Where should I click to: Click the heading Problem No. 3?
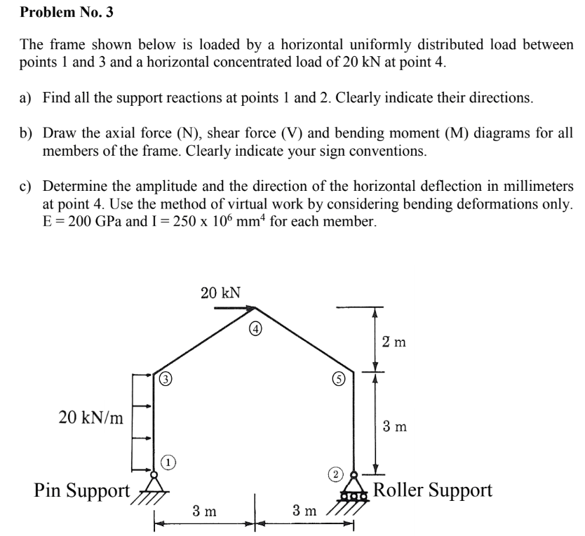(66, 12)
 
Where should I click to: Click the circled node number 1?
(168, 461)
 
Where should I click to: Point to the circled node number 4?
(257, 327)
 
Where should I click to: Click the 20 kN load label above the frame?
(220, 293)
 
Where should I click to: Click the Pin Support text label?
(82, 489)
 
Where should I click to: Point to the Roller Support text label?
(432, 490)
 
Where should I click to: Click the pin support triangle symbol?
(154, 483)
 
